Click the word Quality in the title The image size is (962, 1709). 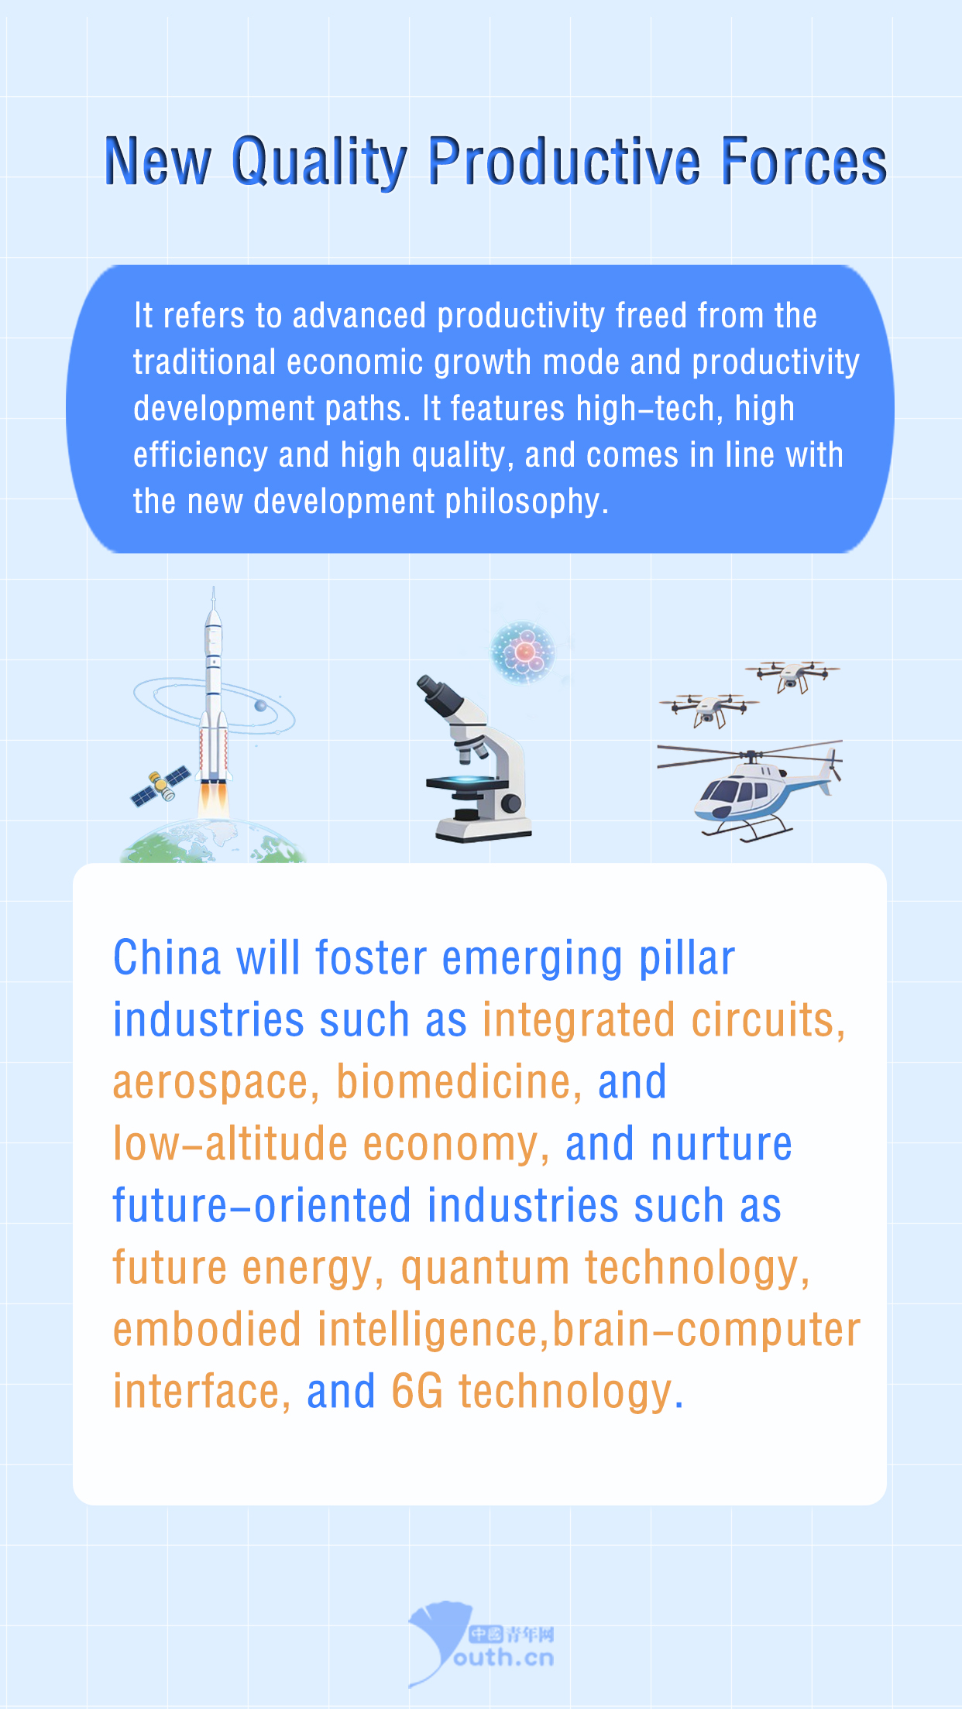pos(319,163)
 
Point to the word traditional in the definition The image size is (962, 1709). pos(204,362)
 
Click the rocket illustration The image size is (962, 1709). pos(214,700)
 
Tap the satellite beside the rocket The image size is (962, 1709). pos(161,786)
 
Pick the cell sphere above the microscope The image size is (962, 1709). pos(524,652)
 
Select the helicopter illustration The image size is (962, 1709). pos(750,789)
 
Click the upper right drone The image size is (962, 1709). pos(792,676)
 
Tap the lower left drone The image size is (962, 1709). pos(709,710)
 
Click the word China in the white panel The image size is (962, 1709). pos(167,957)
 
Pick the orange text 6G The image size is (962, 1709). pos(417,1391)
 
